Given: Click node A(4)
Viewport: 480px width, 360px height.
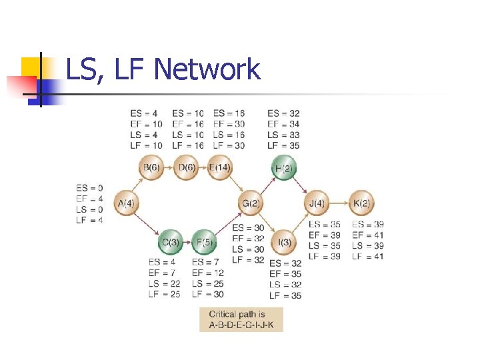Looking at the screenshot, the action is coord(127,203).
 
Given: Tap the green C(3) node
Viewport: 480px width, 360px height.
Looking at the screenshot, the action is coord(171,241).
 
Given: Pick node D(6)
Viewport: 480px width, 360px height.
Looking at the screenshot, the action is coord(187,167).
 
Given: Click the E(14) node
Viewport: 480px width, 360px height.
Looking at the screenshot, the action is coord(220,167).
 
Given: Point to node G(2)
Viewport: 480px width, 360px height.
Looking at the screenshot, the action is coord(251,203).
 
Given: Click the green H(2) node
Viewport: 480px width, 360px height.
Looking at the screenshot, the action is coord(283,168).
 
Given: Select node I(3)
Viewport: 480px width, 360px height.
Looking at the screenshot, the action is coord(285,241).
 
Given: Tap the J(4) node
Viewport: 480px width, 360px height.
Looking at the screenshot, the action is coord(317,203).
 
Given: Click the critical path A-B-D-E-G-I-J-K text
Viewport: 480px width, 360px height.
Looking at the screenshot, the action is coord(241,326).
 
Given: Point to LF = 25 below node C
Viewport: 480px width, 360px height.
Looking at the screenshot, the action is coord(164,294).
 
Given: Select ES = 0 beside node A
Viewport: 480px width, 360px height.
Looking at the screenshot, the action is coord(90,188).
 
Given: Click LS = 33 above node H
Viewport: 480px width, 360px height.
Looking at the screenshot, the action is coord(283,135).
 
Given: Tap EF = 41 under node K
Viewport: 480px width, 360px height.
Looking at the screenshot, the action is coord(368,235).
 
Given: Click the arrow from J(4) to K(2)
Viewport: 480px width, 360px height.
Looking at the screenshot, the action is coord(339,203).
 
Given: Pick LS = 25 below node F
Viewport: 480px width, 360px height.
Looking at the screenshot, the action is coord(208,283).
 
